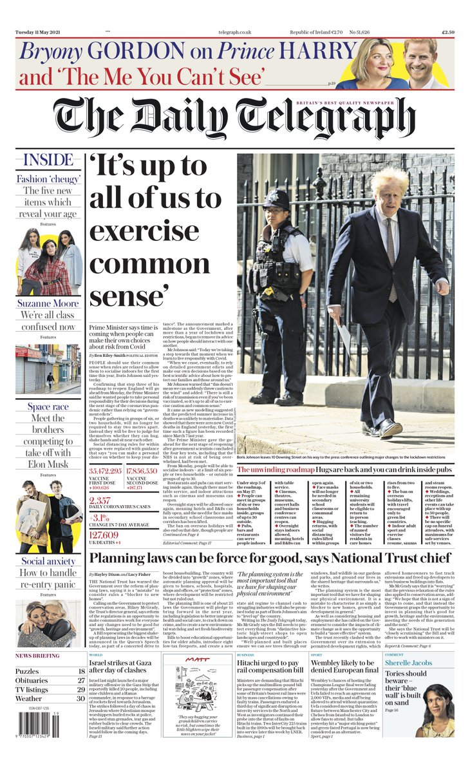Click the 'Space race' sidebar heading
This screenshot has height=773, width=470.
[48, 406]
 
